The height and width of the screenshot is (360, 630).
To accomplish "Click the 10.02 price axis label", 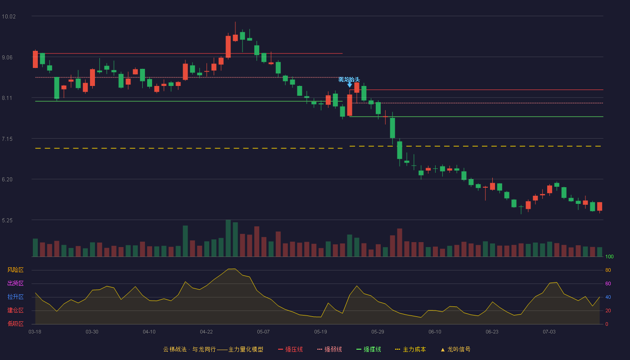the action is point(9,17).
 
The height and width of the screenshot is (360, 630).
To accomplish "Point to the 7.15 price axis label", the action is point(7,139).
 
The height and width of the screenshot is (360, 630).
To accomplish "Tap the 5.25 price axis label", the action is point(7,220).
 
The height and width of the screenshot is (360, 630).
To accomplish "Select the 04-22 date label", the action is point(206,332).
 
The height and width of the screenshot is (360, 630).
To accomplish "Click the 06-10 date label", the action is point(435,332).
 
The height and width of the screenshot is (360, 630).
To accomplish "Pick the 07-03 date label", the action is point(549,332).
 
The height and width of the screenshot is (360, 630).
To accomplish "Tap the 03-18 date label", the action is point(35,332).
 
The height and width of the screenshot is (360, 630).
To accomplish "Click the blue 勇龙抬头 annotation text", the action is point(349,80).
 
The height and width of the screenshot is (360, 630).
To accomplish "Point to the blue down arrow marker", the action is point(350,85).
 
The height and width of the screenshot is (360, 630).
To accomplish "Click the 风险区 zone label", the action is point(15,270).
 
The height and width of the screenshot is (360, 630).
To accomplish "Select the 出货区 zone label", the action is point(15,283).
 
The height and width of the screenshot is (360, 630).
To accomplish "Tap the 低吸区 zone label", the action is point(15,324).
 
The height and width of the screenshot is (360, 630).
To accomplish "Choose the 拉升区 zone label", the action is point(15,297).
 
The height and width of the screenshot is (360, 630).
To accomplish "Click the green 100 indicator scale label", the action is point(609,256).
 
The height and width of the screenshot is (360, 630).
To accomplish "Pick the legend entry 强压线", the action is point(290,350).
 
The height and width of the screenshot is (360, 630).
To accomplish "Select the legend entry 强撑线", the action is point(369,350).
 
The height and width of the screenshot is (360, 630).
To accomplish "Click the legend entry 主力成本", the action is point(410,350).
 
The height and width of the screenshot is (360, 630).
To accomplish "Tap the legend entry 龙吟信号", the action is point(455,350).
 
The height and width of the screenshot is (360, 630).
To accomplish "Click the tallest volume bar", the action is point(228,238).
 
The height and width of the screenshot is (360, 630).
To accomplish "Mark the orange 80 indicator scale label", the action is point(608,270).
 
